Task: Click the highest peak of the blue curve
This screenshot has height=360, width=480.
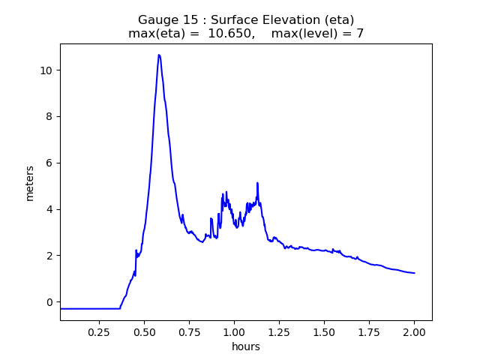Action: tap(159, 55)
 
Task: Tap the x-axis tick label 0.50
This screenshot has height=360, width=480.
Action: tap(144, 331)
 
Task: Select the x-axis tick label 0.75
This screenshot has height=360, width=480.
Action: tap(189, 331)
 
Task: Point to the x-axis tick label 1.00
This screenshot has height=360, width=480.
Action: tap(234, 331)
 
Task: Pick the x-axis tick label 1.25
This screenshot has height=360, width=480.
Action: tap(279, 331)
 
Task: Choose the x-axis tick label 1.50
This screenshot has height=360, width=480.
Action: tap(324, 331)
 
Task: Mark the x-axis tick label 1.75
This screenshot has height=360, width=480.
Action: tap(369, 331)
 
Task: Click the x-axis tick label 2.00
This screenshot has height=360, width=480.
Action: tap(414, 331)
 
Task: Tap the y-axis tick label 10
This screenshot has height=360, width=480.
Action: tap(46, 70)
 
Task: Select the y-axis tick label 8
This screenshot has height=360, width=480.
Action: tap(49, 117)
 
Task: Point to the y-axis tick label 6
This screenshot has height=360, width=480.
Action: tap(49, 163)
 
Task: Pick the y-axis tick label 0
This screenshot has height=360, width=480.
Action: tap(49, 302)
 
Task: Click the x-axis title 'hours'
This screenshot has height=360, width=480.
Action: tap(246, 346)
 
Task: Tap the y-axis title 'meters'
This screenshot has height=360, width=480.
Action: tap(30, 182)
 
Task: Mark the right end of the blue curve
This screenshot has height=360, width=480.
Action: tap(414, 273)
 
